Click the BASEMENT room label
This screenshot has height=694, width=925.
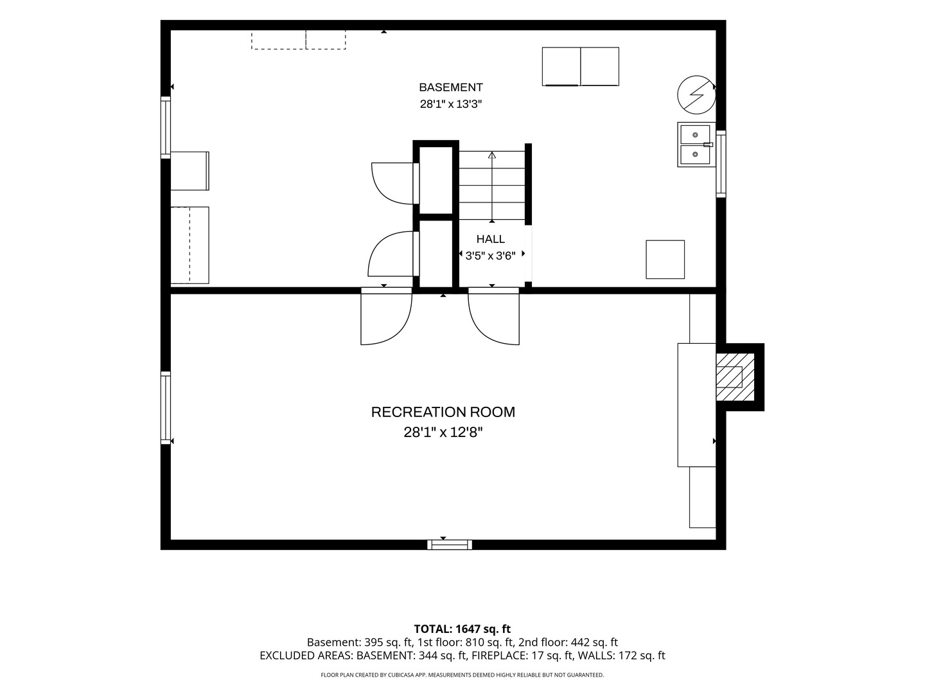coord(450,87)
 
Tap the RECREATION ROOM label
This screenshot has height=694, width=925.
coord(443,412)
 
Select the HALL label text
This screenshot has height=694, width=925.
coord(491,239)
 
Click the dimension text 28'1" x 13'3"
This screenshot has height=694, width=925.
coord(450,104)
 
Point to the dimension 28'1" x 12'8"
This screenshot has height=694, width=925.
coord(443,432)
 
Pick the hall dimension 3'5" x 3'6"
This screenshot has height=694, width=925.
coord(491,256)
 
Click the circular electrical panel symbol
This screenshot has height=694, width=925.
coord(696,95)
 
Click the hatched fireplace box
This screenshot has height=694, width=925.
coord(735,377)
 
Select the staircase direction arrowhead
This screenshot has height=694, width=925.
coord(492,155)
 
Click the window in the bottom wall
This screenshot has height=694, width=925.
coord(450,545)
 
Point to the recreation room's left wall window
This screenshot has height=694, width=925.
coord(166,408)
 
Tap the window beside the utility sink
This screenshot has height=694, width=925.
coord(721,164)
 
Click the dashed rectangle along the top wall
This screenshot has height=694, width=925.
coord(298,40)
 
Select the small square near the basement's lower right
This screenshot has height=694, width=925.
coord(665,260)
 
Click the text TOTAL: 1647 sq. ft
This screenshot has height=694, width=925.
coord(463,629)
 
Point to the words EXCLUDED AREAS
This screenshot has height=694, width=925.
coord(306,655)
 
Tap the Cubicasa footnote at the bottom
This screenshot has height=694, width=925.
coord(463,675)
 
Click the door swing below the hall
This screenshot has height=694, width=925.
coord(493,316)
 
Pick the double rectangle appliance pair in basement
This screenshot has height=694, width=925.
coord(580,67)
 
